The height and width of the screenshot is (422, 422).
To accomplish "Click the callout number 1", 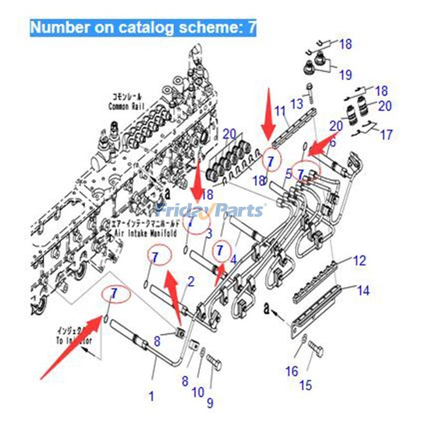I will point(151,395).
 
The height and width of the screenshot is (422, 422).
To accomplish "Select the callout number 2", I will point(191,281).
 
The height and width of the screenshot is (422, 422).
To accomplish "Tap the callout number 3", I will point(209,233).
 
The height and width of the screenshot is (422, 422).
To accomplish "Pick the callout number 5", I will point(289,173).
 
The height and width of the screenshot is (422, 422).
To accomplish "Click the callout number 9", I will point(210,404).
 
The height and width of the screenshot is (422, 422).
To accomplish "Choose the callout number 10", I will point(198,392).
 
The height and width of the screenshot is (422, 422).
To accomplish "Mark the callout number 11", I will point(280,111).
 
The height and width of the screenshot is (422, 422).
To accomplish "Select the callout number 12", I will point(359,261).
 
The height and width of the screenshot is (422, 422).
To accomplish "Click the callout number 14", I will point(363,290).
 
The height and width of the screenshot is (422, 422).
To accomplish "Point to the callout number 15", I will point(305,386).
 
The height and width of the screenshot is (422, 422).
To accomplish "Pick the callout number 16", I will point(292,372).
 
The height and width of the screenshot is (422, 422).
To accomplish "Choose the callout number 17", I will point(386,135).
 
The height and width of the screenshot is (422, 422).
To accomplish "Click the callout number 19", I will point(345,75).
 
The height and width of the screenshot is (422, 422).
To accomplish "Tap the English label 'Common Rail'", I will point(126,107).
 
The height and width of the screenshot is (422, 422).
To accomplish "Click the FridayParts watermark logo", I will point(211,211).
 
